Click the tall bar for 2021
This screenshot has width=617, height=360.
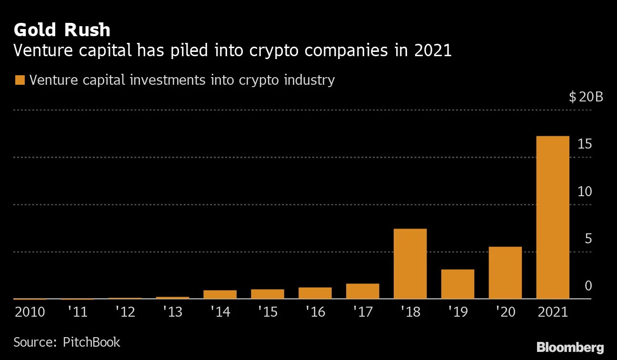553,218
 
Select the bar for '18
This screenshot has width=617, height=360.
410,264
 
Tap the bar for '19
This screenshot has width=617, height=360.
458,284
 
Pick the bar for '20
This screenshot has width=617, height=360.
505,273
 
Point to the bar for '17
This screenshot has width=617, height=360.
363,291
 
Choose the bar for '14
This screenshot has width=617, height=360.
220,294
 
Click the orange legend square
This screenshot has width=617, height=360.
20,80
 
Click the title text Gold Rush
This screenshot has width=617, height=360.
62,30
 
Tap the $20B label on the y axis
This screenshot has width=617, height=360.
586,97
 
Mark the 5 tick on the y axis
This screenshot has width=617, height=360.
588,239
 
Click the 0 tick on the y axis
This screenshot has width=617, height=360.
588,286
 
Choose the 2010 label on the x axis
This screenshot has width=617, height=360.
30,312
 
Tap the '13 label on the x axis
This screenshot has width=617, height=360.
172,312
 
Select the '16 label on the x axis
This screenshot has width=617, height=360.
315,312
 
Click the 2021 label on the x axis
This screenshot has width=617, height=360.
553,312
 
